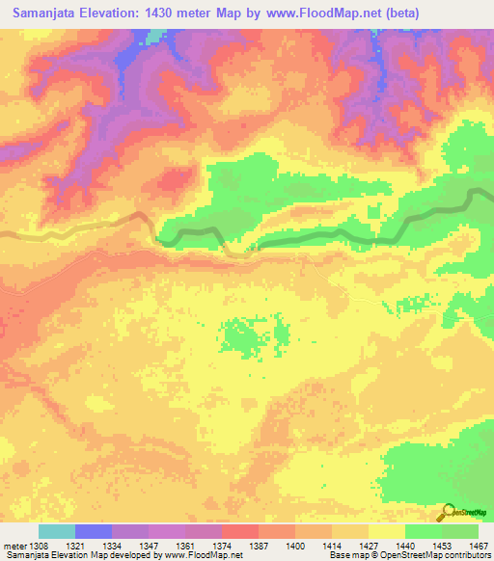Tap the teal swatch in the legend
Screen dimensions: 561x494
pos(56,531)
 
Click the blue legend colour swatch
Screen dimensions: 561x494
pos(93,531)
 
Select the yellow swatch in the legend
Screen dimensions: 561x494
pos(386,531)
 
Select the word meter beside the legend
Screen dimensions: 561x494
pos(16,545)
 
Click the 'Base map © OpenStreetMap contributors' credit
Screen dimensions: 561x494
pos(408,555)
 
